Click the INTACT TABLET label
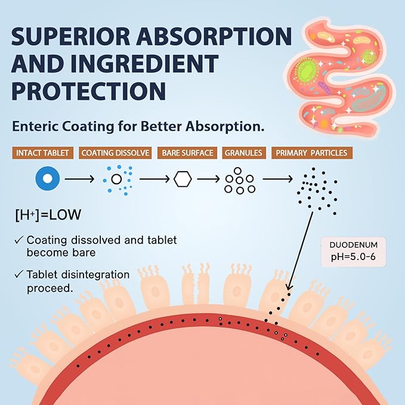42,153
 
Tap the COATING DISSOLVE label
115,153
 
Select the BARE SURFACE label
187,153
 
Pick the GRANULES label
243,153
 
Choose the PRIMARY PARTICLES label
311,153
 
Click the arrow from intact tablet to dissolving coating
79,179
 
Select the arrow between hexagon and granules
208,179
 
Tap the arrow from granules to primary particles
278,179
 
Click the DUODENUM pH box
353,252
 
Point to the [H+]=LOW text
48,215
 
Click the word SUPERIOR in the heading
70,36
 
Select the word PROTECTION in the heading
89,91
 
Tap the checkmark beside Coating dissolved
19,240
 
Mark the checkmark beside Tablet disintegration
19,274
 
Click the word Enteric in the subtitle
35,126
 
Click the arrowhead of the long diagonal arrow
289,287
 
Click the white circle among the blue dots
116,179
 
